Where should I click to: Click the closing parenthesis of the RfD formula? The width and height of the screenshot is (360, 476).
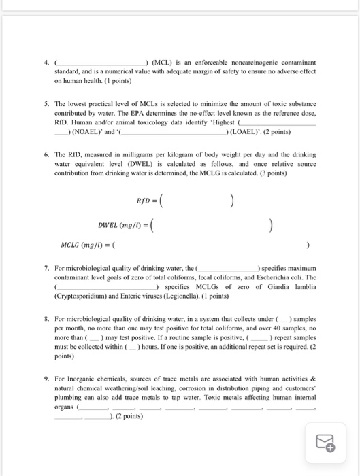point(233,201)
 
